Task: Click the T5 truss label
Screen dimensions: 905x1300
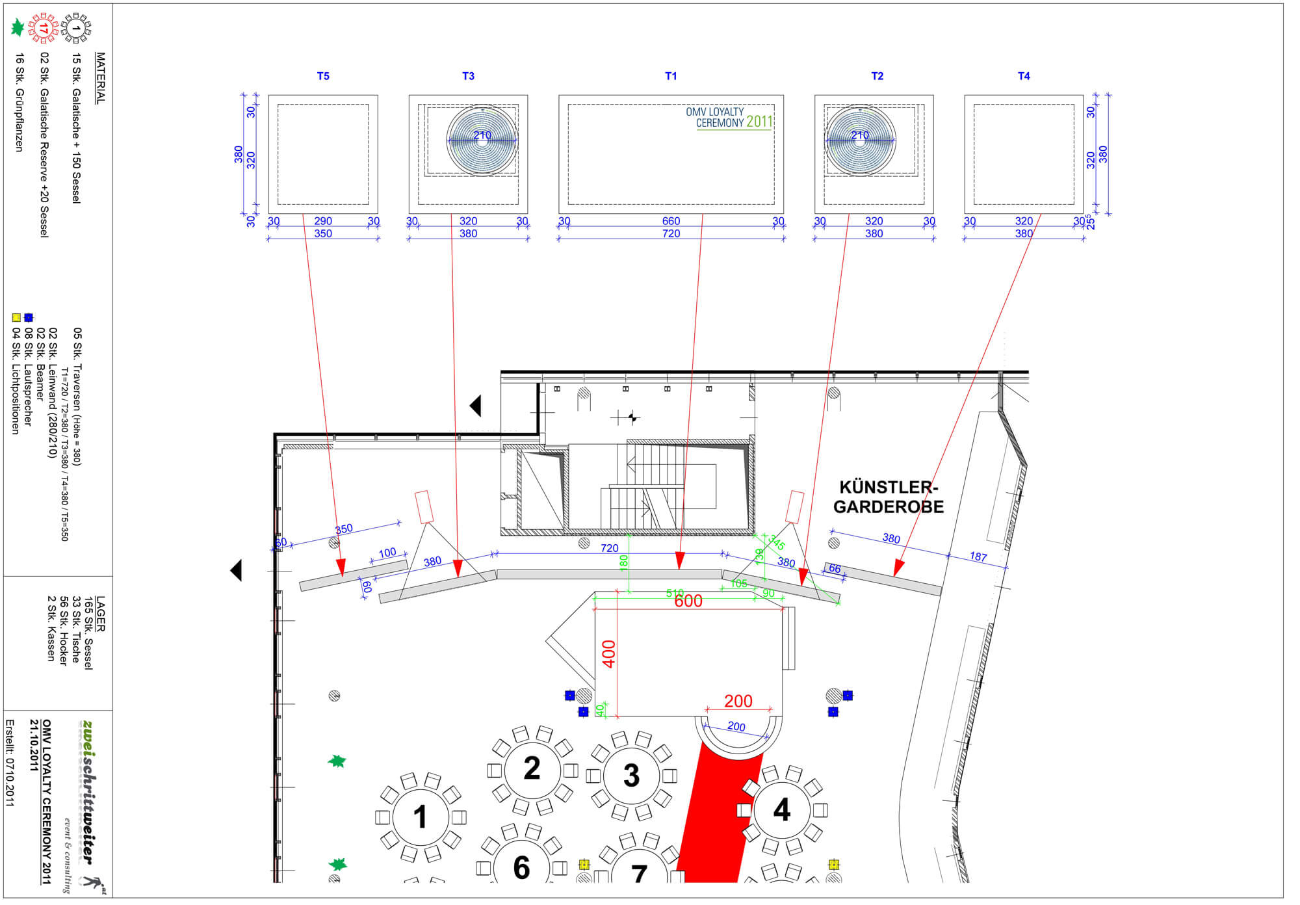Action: click(323, 76)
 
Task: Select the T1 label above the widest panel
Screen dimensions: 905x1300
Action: click(671, 76)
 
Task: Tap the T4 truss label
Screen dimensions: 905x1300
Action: click(1024, 76)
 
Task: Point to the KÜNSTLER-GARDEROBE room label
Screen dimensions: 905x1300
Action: click(889, 497)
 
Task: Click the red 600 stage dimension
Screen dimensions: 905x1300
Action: click(688, 601)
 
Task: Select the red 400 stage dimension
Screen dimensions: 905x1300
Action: click(608, 653)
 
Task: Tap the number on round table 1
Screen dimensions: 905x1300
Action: click(421, 817)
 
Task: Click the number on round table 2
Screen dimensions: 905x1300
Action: click(532, 768)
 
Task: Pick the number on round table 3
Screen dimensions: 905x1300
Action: click(631, 775)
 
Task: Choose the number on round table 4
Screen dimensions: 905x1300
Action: click(782, 810)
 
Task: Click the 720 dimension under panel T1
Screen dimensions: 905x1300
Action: click(671, 233)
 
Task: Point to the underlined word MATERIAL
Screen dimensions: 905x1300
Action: click(100, 78)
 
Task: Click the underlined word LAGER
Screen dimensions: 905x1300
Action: click(100, 614)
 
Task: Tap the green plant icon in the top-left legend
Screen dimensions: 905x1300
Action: click(18, 28)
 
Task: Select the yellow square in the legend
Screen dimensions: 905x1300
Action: click(16, 318)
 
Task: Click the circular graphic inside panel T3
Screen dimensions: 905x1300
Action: click(482, 140)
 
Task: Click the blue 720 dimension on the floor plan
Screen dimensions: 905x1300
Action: click(609, 549)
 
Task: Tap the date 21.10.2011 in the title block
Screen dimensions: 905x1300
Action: click(34, 745)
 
